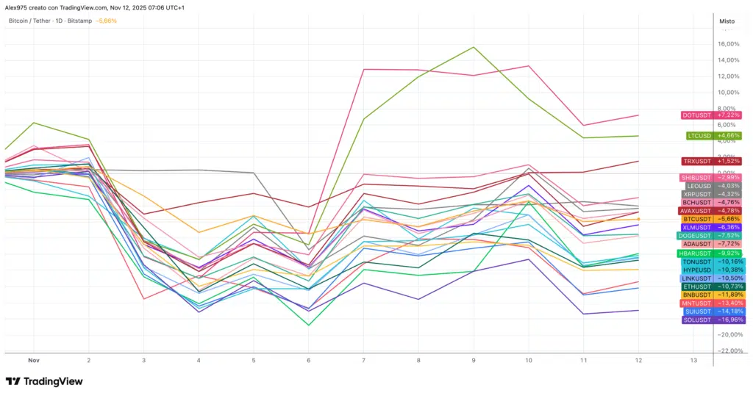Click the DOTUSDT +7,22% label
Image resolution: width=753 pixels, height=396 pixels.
coord(711,115)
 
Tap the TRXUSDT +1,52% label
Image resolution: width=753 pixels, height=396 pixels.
coord(711,161)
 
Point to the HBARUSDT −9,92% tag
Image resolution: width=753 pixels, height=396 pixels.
coord(711,253)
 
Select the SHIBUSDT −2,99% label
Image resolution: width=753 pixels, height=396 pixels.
coord(711,178)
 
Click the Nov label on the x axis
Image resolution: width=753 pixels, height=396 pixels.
coord(32,361)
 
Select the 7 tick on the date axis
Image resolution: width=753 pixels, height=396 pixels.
coord(363,361)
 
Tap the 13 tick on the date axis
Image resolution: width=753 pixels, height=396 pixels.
coord(693,361)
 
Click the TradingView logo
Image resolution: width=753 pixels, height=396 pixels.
coord(44,381)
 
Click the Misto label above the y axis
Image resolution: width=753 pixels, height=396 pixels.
coord(727,21)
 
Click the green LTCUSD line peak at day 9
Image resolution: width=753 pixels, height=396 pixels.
coord(474,47)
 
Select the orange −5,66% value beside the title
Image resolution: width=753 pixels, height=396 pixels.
coord(106,21)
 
